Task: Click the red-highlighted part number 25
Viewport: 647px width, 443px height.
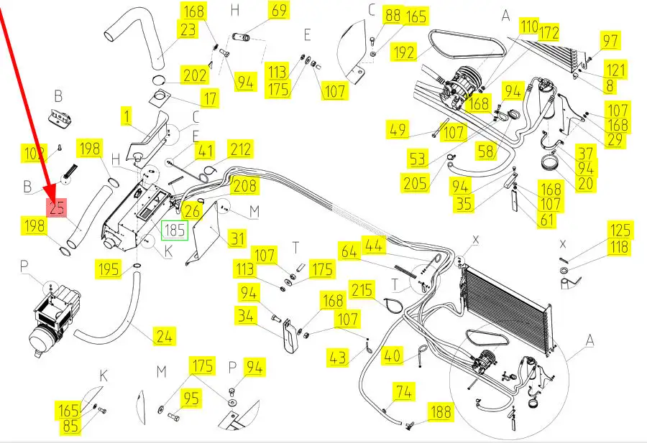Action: click(57, 208)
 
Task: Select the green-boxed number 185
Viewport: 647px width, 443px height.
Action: click(175, 230)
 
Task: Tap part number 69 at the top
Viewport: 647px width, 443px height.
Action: click(279, 11)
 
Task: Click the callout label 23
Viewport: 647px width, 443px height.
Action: click(188, 30)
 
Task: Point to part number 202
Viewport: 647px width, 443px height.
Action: click(195, 75)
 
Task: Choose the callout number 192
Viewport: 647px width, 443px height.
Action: click(405, 53)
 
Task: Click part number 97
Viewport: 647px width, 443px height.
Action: click(610, 40)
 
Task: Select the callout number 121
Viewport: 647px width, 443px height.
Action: click(615, 70)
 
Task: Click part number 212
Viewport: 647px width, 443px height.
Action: click(241, 149)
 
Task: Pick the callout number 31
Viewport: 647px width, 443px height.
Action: click(237, 238)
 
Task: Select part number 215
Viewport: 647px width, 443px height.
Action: click(363, 290)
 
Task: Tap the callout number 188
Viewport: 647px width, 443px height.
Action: click(441, 411)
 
